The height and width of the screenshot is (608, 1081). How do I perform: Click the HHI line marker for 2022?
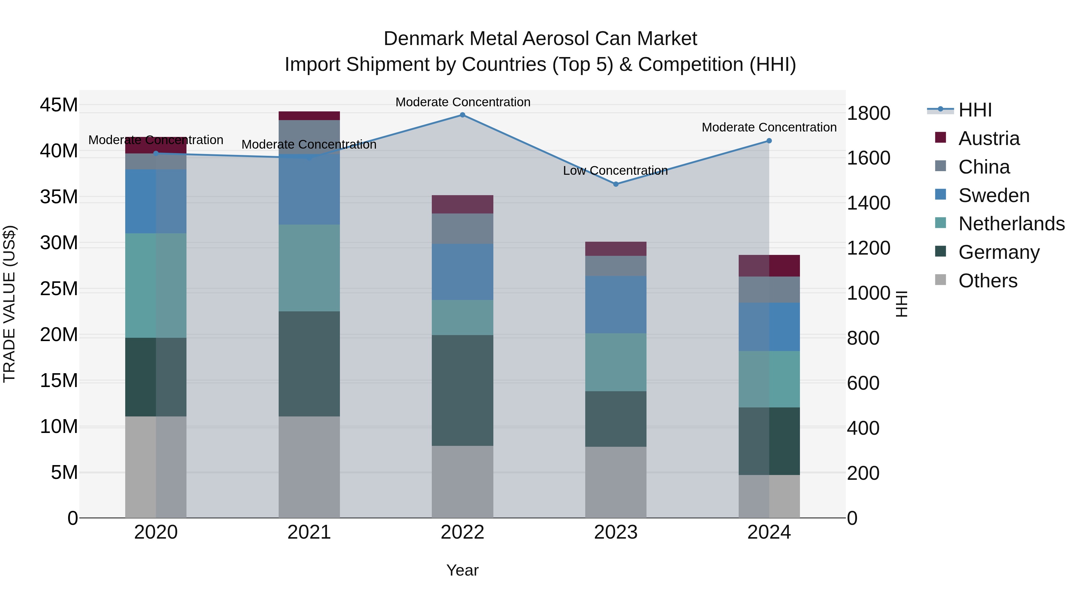coord(462,115)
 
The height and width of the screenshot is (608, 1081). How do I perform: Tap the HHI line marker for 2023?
coord(616,184)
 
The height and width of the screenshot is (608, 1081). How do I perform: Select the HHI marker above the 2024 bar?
coord(769,141)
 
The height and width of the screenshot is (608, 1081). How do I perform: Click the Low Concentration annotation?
coord(615,171)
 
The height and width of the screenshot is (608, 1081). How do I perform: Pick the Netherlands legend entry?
coord(1011,224)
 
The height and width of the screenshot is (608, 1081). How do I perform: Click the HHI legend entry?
coord(975,110)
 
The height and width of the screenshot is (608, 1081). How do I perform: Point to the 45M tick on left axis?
coord(59,105)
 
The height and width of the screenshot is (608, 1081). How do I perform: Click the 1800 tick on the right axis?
coord(868,113)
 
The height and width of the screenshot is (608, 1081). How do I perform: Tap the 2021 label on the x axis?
coord(309,532)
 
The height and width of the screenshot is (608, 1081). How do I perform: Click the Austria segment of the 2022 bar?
coord(462,204)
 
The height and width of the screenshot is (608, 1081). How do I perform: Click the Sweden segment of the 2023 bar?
coord(616,305)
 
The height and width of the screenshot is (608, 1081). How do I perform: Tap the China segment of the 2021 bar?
coord(309,137)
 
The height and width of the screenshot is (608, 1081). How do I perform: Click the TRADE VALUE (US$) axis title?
coord(9,304)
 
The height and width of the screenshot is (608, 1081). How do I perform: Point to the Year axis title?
coord(462,570)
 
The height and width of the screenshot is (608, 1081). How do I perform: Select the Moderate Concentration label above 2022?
coord(463,102)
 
